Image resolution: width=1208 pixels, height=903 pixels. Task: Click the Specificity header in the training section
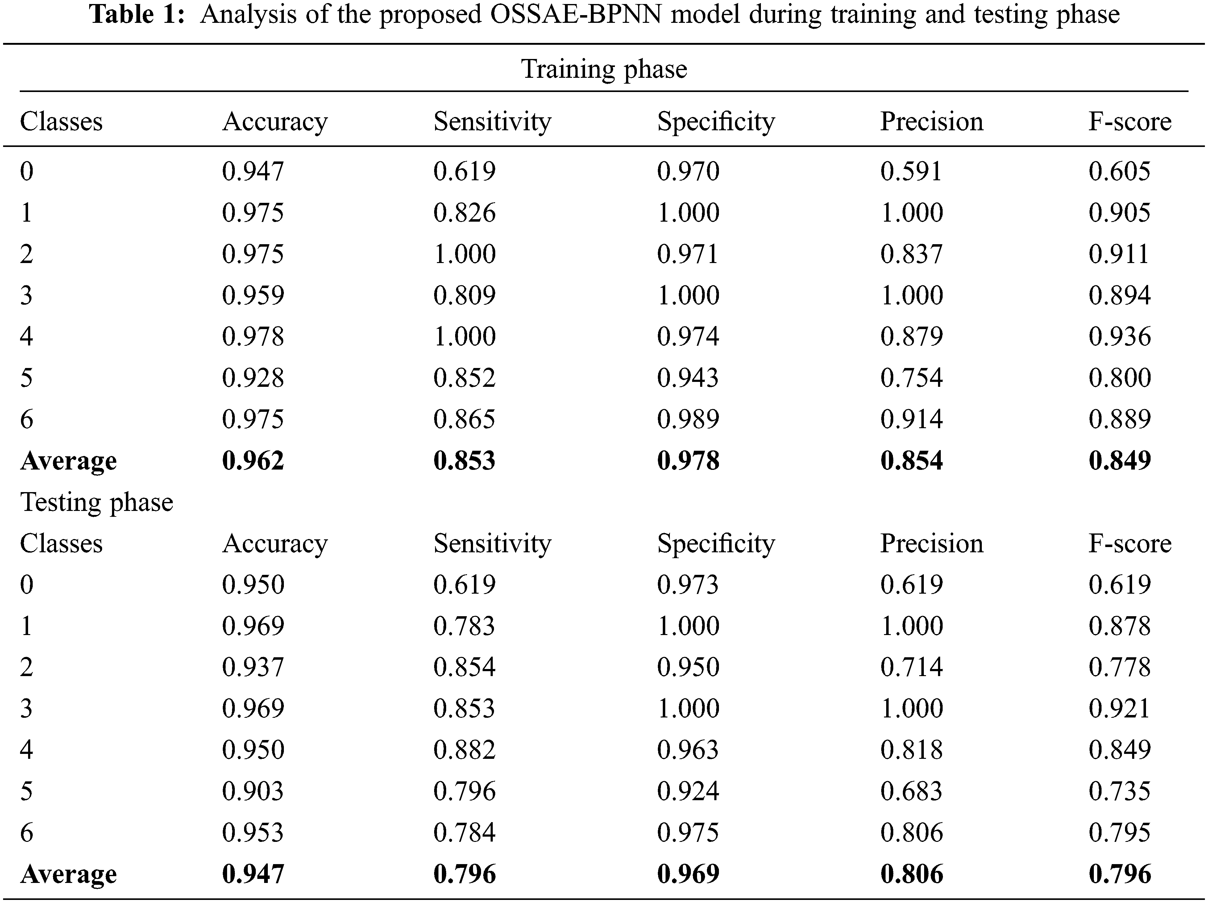[x=716, y=121]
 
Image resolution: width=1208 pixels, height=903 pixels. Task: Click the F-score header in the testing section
[x=1129, y=544]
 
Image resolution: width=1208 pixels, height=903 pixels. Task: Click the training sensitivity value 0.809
[x=464, y=295]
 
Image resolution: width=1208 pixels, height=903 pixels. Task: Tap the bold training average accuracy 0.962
[x=253, y=461]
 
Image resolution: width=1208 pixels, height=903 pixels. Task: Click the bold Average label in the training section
[x=68, y=461]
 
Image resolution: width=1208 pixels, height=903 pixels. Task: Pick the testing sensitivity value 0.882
[x=464, y=750]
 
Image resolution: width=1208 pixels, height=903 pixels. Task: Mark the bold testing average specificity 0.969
[x=687, y=874]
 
